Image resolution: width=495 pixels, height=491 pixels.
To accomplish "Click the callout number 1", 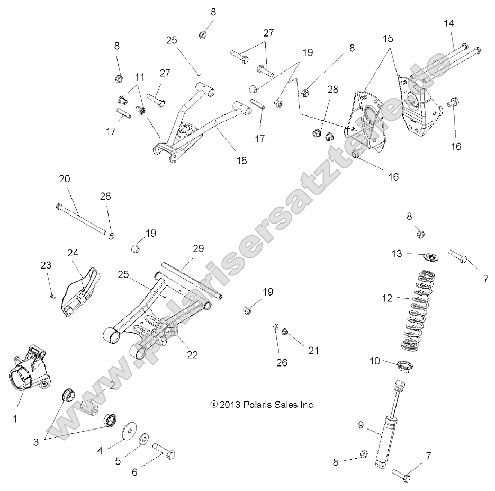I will pyautogui.click(x=15, y=419).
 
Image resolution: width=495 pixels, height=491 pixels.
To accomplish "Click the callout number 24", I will pyautogui.click(x=73, y=253).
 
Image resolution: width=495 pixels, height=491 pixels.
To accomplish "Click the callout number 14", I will pyautogui.click(x=449, y=23).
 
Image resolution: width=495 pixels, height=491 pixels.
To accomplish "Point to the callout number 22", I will pyautogui.click(x=192, y=355).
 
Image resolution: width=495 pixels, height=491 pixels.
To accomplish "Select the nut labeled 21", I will pyautogui.click(x=285, y=332).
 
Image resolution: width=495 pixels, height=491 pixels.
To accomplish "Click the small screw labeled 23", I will pyautogui.click(x=52, y=295).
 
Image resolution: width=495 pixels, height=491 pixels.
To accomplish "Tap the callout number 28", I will pyautogui.click(x=332, y=90).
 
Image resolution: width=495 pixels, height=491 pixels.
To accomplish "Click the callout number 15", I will pyautogui.click(x=388, y=39).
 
